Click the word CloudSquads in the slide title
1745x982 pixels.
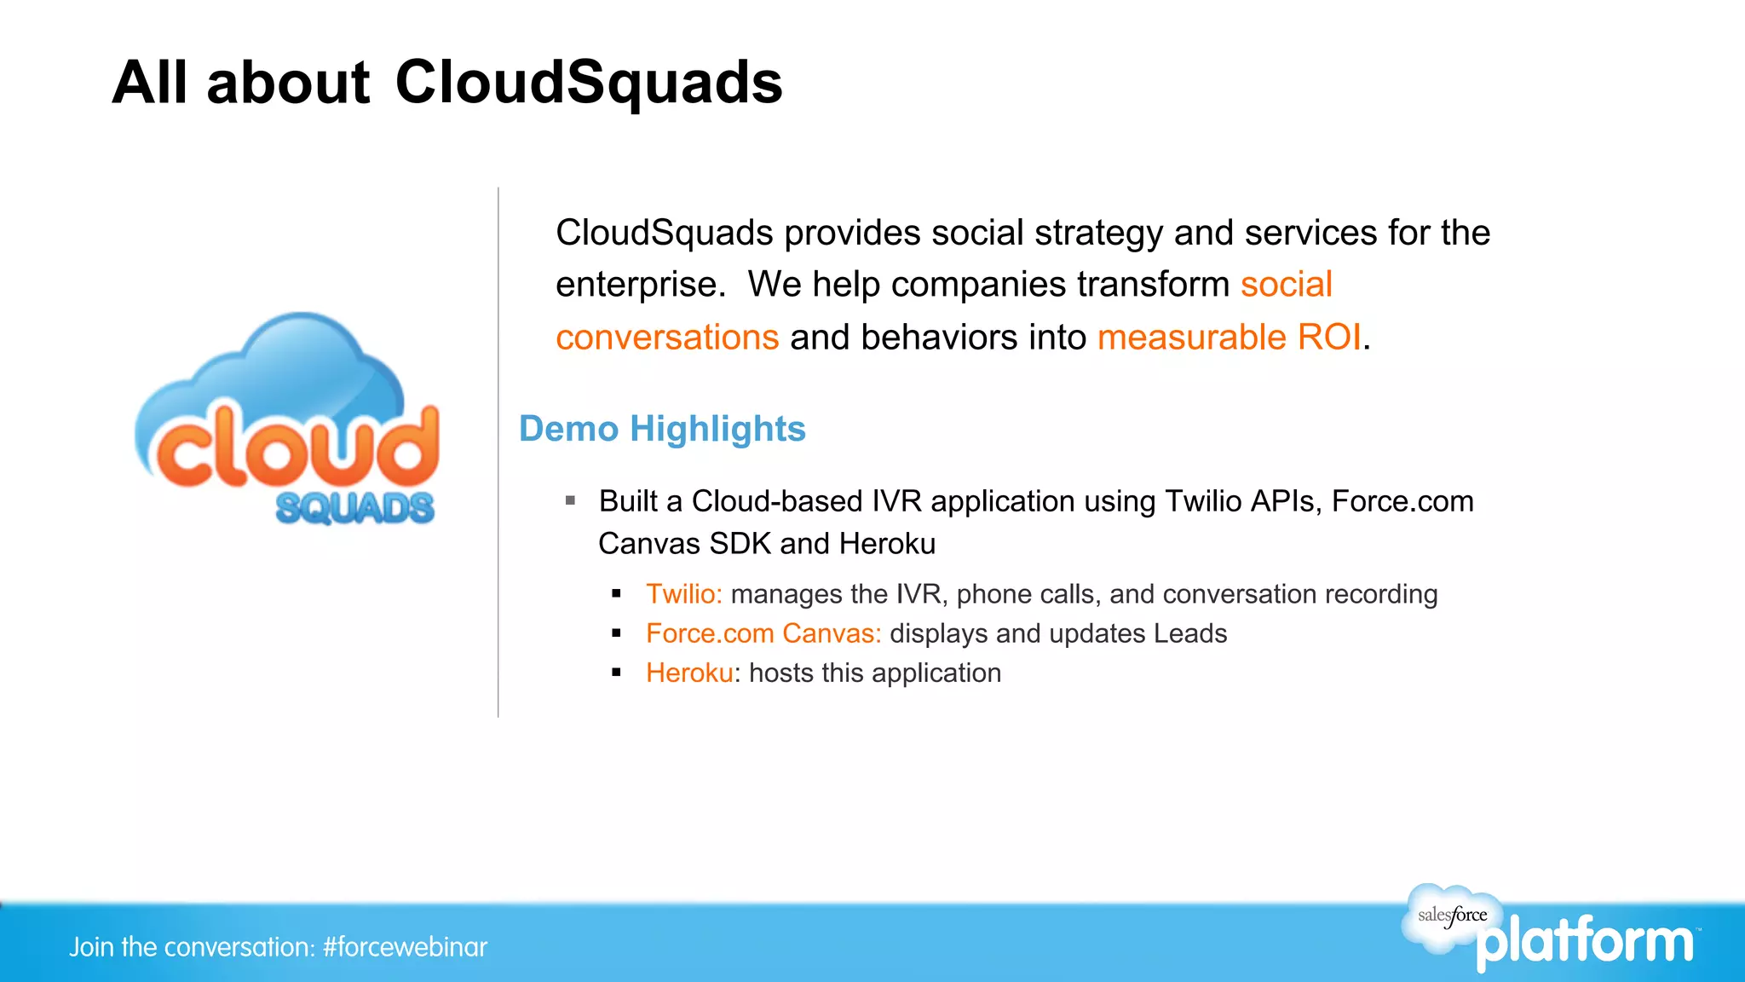point(588,83)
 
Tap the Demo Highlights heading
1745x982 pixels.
point(662,429)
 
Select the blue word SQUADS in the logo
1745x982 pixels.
point(354,509)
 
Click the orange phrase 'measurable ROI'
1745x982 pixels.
point(1229,338)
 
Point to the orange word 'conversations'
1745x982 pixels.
point(667,338)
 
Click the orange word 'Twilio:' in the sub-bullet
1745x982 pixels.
point(683,594)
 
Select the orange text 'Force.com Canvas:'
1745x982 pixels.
point(763,633)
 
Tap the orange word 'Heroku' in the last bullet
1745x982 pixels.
point(688,673)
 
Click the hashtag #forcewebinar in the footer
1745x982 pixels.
point(405,947)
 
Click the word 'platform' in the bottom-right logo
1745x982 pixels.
point(1585,942)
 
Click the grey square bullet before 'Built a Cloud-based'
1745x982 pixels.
point(571,500)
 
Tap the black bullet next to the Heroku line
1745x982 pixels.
point(616,673)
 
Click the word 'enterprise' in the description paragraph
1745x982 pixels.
point(635,285)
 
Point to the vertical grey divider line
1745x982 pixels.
point(498,452)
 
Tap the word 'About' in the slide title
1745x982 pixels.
point(288,83)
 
